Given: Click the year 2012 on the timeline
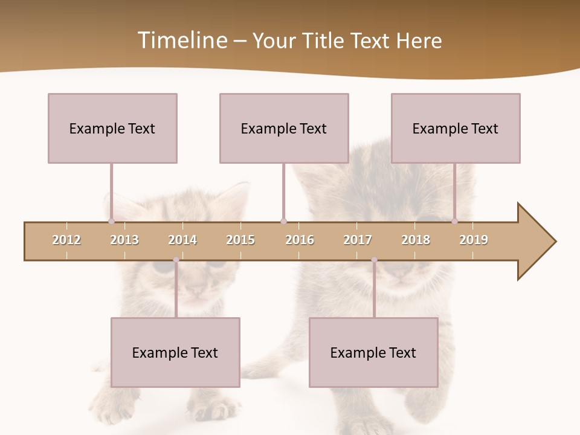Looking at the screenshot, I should [x=66, y=240].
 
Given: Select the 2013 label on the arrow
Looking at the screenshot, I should [x=124, y=240].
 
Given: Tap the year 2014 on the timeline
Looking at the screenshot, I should [x=182, y=240].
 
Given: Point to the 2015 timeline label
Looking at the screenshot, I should [x=240, y=240].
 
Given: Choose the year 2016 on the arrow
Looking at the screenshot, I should [x=300, y=240].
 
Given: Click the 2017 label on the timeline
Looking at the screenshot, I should [x=358, y=240].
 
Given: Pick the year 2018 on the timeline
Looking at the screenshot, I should [x=416, y=240].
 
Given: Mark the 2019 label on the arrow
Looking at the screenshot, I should [x=474, y=240].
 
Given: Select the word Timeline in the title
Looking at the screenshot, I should [x=181, y=40].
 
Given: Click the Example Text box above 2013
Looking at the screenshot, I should [x=112, y=128].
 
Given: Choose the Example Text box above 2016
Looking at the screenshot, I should [x=284, y=128].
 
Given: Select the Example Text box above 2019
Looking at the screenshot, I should [x=456, y=128].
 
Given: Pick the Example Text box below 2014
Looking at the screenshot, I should [x=175, y=352].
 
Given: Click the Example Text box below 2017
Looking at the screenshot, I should [x=373, y=352].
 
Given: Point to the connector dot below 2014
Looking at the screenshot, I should [x=176, y=260].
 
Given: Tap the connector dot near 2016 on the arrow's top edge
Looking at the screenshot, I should [x=283, y=221].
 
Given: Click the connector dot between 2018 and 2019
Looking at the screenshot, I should [x=454, y=221].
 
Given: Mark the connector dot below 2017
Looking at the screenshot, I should [x=374, y=260].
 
